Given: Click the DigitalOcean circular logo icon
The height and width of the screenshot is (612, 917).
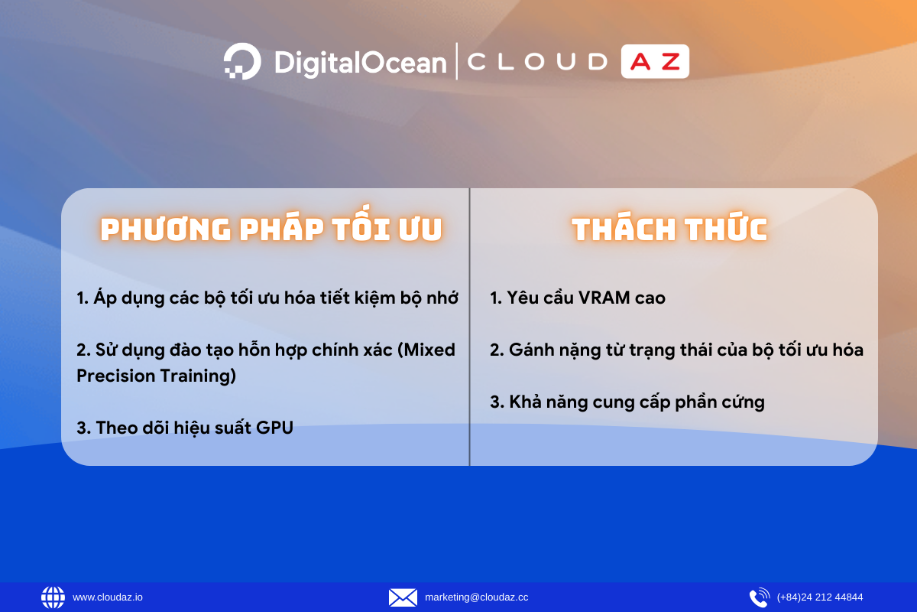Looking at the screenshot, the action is pyautogui.click(x=242, y=61).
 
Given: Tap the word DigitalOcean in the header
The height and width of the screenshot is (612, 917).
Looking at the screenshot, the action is pyautogui.click(x=360, y=63).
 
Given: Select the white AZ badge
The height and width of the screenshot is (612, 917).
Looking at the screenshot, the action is pyautogui.click(x=655, y=61).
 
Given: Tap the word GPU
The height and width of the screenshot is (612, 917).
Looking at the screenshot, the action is pyautogui.click(x=274, y=428).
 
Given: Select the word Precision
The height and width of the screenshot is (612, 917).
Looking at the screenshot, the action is pyautogui.click(x=115, y=376).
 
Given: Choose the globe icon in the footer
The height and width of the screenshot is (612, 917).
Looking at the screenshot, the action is pyautogui.click(x=53, y=597).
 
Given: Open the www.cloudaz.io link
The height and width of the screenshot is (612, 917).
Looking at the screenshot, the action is pyautogui.click(x=108, y=597).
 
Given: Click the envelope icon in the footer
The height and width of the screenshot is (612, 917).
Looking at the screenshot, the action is pyautogui.click(x=403, y=597).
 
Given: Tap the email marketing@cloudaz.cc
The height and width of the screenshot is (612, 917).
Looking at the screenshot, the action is pyautogui.click(x=477, y=597).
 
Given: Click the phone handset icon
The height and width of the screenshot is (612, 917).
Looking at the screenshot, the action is pyautogui.click(x=760, y=597).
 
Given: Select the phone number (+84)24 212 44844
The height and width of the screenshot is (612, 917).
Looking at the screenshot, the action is pyautogui.click(x=820, y=597).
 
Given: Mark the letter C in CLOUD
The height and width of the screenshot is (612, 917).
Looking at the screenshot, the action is pyautogui.click(x=477, y=62).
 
